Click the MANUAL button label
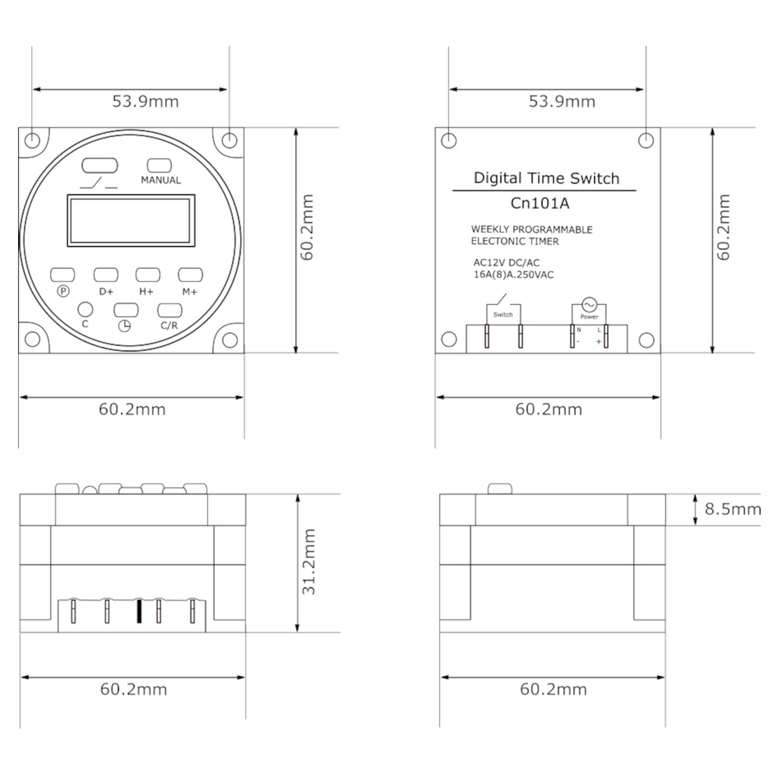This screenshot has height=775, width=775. tap(160, 181)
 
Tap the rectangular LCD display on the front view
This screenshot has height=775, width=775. tap(131, 220)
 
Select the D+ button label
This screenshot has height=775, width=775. tap(105, 291)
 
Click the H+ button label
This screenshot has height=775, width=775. tap(145, 291)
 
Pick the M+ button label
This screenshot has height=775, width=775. tap(188, 291)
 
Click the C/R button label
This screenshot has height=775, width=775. tap(169, 325)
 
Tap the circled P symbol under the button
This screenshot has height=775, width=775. tap(63, 291)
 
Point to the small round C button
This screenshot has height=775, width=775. tap(86, 309)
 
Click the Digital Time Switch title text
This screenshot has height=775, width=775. tap(546, 179)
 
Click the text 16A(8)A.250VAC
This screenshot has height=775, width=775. tap(513, 275)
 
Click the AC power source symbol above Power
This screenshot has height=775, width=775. tap(589, 303)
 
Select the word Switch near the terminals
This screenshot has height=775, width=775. tap(503, 315)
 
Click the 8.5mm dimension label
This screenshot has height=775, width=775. tap(733, 509)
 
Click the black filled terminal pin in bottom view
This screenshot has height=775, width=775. tap(139, 612)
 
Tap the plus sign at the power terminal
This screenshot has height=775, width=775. tap(599, 343)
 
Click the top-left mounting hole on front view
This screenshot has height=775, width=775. tap(33, 141)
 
